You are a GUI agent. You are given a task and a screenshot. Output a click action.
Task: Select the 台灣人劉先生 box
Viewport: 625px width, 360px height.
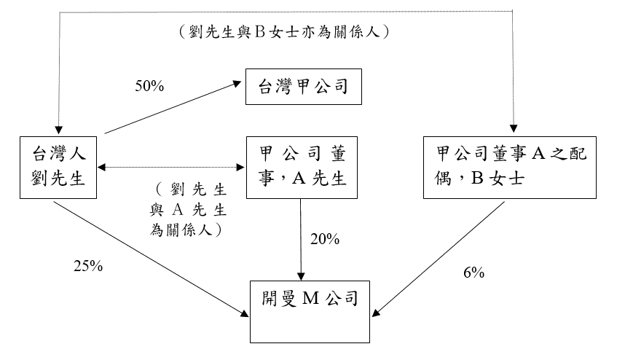[x=60, y=165]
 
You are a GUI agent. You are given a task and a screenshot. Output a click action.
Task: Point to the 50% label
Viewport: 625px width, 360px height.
[x=150, y=86]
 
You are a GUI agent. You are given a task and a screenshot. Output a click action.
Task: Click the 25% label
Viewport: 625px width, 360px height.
[x=88, y=266]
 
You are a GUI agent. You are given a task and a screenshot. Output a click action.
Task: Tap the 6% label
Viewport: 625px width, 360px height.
[x=473, y=273]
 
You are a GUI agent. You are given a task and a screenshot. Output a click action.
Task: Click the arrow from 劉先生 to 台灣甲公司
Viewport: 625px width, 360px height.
[x=175, y=107]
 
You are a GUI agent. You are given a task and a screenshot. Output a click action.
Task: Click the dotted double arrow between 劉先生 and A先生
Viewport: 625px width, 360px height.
[x=173, y=168]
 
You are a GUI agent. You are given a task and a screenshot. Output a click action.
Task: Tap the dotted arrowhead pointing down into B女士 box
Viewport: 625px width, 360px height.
[x=515, y=130]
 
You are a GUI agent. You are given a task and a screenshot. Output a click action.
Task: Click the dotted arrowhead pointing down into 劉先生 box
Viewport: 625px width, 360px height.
[x=58, y=130]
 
